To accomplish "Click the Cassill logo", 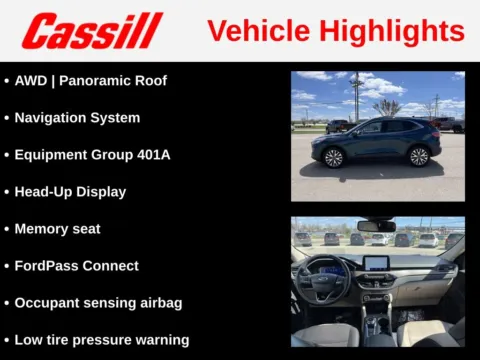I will click(93, 31).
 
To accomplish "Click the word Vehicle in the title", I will click(254, 30).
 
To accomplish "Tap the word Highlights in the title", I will click(389, 30).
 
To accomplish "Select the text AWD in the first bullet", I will click(31, 80).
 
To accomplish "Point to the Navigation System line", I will click(77, 117).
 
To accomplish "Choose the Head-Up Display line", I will click(70, 191).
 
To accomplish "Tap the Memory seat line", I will click(57, 229).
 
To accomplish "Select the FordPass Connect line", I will click(76, 266).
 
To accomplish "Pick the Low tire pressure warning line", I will click(101, 340).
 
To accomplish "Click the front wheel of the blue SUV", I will click(334, 157).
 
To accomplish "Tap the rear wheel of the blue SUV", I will click(419, 156).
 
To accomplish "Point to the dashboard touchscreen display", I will click(376, 264).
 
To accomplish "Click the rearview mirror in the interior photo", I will click(376, 226).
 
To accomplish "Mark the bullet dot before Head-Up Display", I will click(6, 192).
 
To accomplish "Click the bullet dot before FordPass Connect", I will click(6, 266).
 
